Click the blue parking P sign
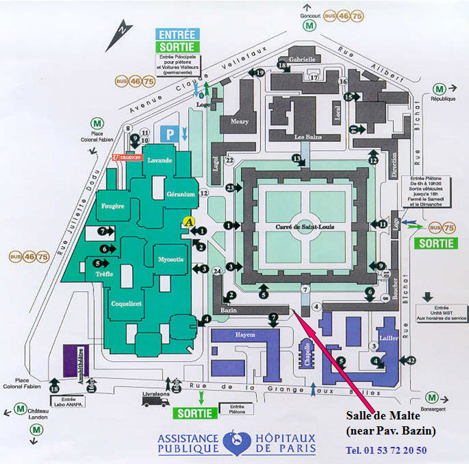pyautogui.click(x=170, y=134)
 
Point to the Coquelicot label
pyautogui.click(x=127, y=302)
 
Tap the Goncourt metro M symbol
pyautogui.click(x=311, y=25)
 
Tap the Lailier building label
pyautogui.click(x=388, y=339)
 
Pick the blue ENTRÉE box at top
pyautogui.click(x=177, y=34)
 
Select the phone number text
pyautogui.click(x=387, y=450)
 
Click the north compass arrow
pyautogui.click(x=119, y=29)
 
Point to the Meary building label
pyautogui.click(x=240, y=122)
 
